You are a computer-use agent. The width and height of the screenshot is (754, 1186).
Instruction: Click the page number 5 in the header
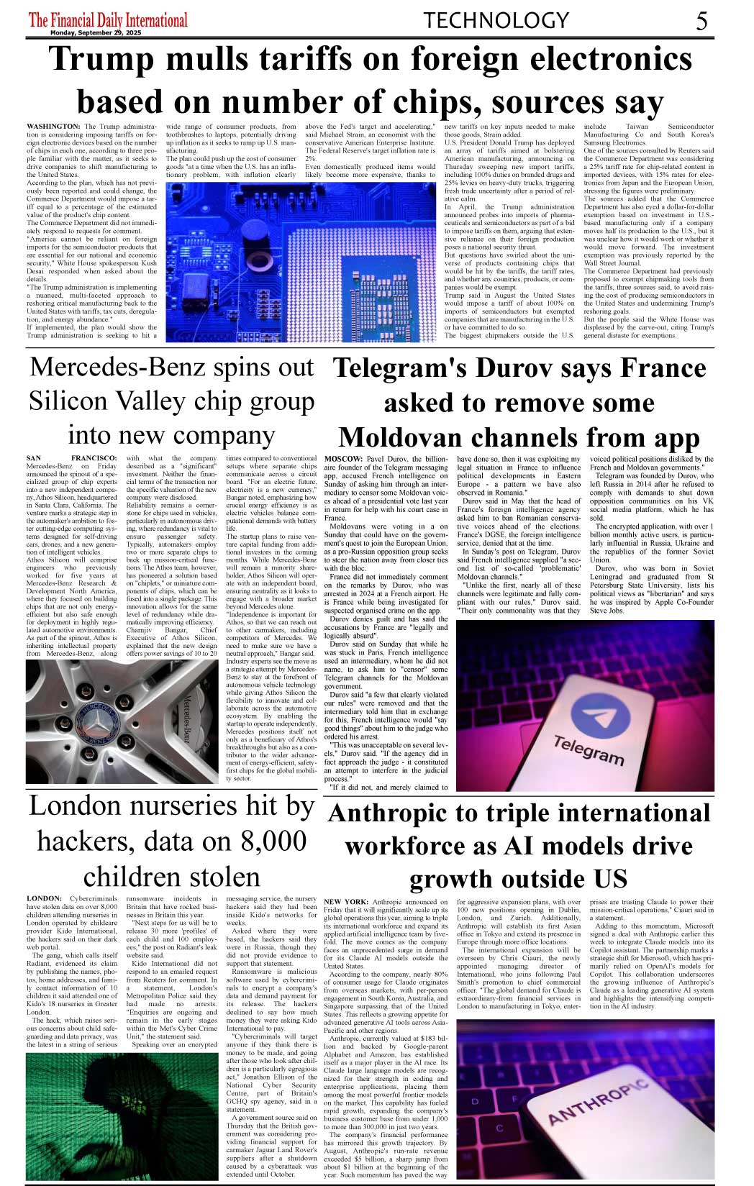coord(701,21)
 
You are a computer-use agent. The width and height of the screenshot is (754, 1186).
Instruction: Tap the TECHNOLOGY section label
coord(496,20)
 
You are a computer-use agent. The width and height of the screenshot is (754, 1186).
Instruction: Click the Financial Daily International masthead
coord(108,19)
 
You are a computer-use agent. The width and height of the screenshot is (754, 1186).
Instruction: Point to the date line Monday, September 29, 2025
coord(96,32)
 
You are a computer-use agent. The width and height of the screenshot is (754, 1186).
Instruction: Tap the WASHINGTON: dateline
coord(54,127)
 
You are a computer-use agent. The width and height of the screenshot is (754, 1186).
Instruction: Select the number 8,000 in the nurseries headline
coord(253,841)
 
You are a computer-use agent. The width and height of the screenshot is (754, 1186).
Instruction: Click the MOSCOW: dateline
coord(343,459)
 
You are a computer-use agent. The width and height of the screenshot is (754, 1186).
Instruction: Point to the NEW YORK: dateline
coord(347,901)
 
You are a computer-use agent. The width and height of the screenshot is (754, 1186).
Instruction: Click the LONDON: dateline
coord(45,898)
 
